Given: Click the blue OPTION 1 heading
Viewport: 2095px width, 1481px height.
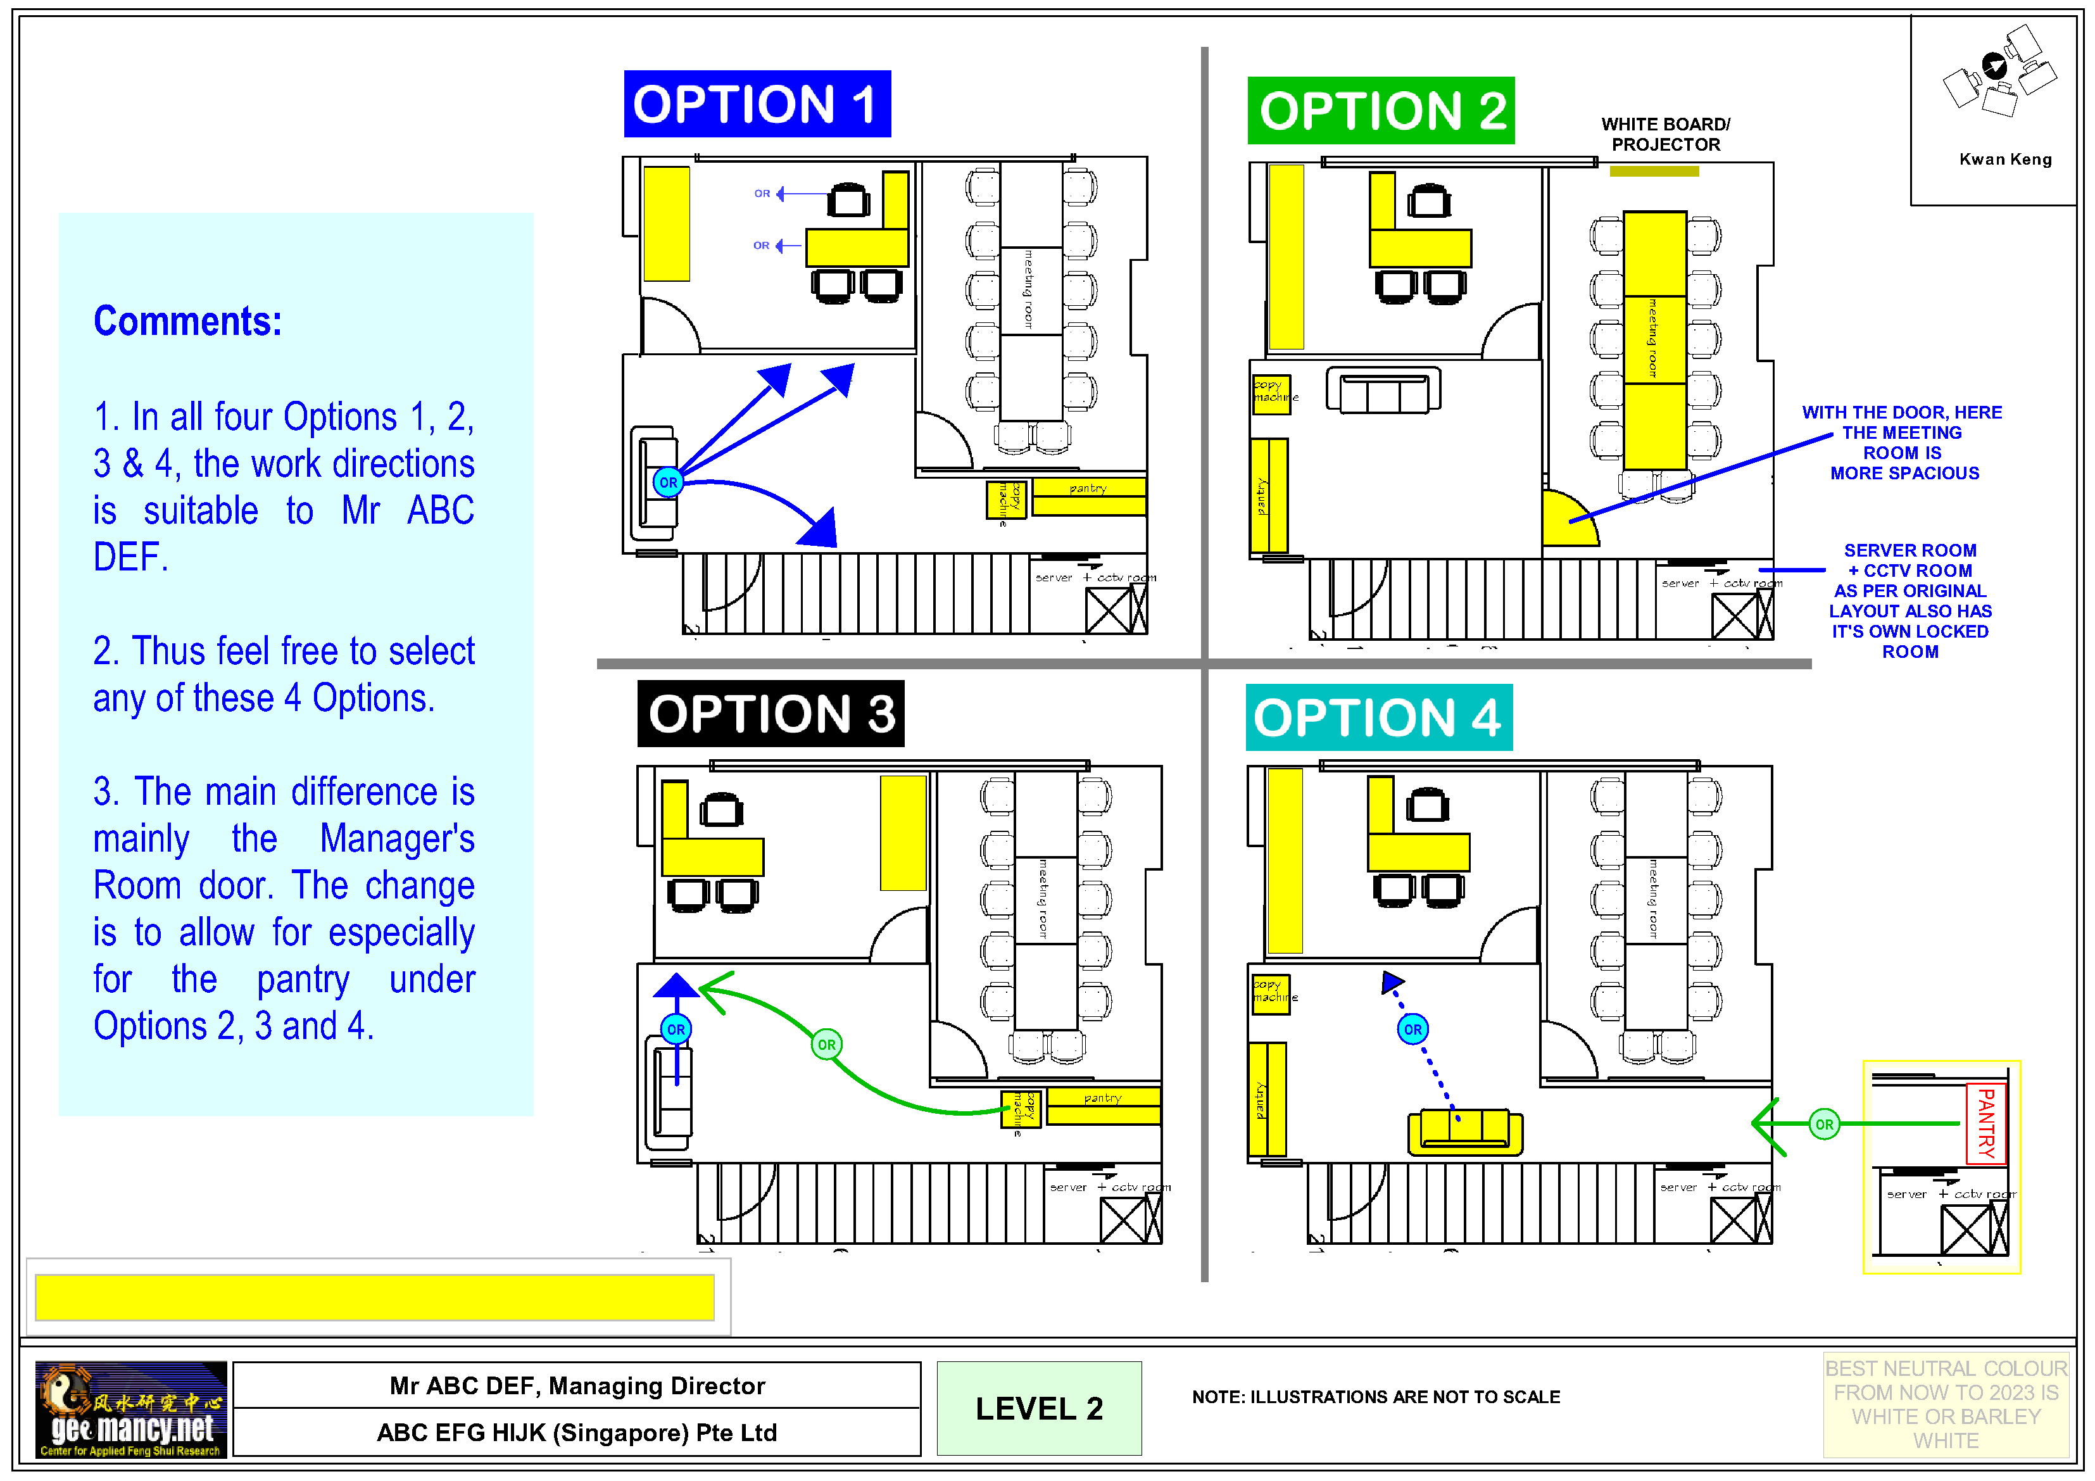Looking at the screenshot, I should coord(757,104).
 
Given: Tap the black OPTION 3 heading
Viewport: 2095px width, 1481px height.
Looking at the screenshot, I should coord(770,714).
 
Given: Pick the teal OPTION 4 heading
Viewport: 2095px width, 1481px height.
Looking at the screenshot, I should coord(1378,717).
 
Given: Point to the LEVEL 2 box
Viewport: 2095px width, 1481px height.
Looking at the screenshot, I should coord(1038,1408).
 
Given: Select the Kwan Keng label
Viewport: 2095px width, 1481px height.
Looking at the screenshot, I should coord(2004,160).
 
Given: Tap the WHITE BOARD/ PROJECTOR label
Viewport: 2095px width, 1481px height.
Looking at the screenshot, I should coord(1665,134).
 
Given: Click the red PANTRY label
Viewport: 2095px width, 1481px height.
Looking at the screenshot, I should coord(1985,1123).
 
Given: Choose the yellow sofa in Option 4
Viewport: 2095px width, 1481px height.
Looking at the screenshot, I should coord(1464,1132).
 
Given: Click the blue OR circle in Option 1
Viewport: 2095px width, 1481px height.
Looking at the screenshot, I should coord(668,482).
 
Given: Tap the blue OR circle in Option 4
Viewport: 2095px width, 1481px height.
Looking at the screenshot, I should coord(1412,1030).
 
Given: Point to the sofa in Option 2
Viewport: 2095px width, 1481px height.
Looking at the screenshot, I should coord(1383,391).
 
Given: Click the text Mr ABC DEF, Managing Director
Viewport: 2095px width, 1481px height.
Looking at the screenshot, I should coord(577,1385).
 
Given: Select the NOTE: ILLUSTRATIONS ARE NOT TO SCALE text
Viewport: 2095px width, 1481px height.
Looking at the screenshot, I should coord(1375,1397).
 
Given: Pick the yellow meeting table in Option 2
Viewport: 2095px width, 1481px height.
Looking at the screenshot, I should coord(1654,339).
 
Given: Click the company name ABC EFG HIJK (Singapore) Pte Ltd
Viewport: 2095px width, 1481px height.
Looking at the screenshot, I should coord(577,1433).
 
